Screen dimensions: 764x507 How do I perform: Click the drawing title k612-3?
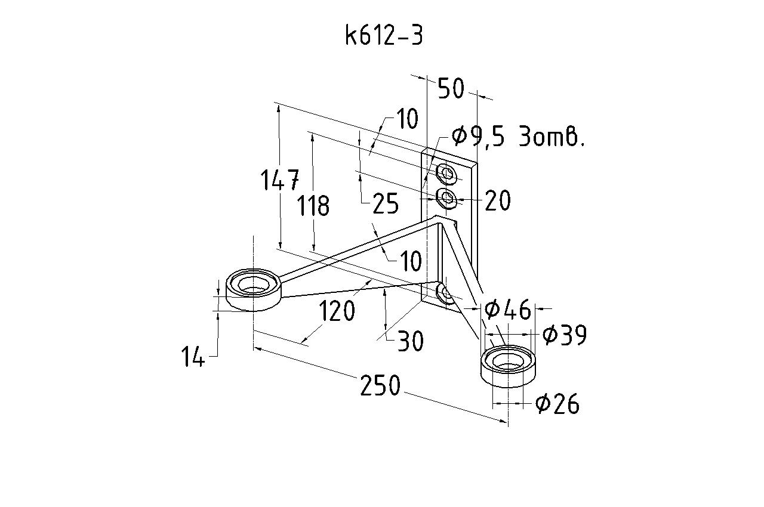coord(384,35)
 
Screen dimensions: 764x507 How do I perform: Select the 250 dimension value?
coord(380,385)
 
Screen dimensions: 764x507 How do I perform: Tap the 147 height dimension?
coord(280,180)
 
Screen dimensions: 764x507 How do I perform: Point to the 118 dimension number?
coord(313,205)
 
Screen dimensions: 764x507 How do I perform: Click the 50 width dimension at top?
coord(451,88)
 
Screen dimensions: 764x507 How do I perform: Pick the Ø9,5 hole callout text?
coord(517,136)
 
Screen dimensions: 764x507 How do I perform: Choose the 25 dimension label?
coord(386,203)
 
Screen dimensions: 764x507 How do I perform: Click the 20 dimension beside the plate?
coord(498,200)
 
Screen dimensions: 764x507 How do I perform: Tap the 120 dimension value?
coord(337,311)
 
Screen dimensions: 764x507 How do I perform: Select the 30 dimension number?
coord(411,341)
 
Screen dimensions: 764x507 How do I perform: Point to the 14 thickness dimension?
coord(193,356)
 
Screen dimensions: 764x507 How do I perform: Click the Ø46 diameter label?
coord(508,310)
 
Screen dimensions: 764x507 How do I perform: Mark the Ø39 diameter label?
coord(565,335)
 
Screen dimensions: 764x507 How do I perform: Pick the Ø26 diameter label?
coord(557,404)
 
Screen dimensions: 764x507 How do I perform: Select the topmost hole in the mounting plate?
coord(446,174)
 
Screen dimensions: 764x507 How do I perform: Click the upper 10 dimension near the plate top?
coord(407,119)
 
